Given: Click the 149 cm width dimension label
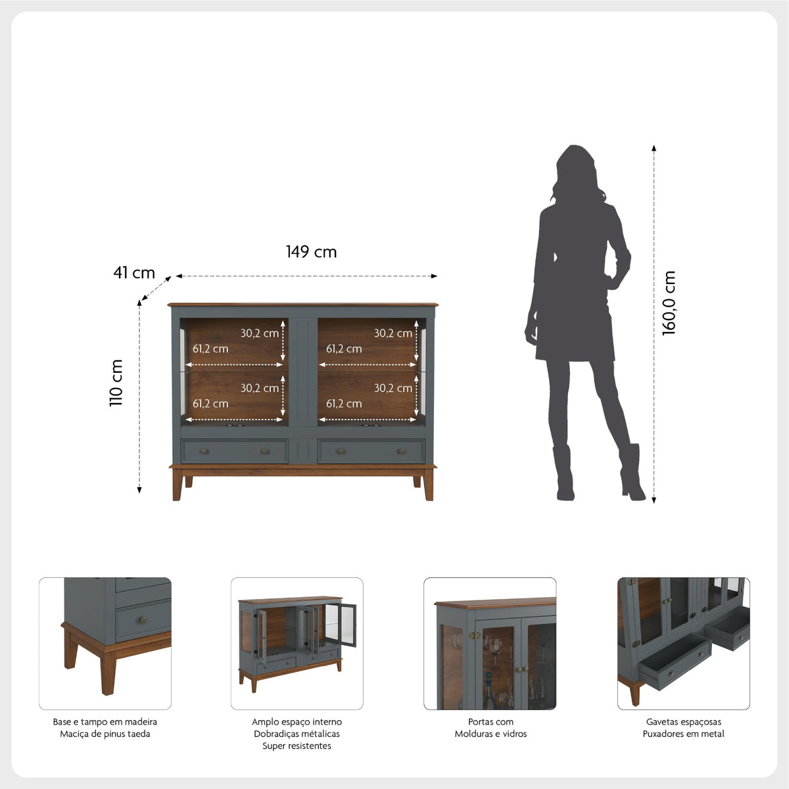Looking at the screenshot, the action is point(311,252).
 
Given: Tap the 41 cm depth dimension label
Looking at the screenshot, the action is point(134,273).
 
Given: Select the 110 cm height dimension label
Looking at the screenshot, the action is point(116,383).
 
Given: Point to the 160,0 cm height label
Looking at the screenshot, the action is point(669,303).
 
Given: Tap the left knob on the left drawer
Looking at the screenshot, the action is point(204,451).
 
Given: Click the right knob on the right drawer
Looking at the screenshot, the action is point(401,451).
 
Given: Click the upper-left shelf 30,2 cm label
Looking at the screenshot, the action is point(260,333).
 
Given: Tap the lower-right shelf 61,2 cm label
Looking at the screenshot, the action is point(344,404).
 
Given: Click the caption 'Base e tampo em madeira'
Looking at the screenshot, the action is point(105,722).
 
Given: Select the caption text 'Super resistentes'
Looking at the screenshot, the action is point(297,746).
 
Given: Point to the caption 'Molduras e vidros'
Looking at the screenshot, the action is point(490,734).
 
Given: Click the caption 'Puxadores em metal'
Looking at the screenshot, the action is point(683,734).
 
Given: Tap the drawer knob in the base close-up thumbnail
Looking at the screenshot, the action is point(143,620).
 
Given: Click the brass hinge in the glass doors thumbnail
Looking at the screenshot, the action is point(475,635).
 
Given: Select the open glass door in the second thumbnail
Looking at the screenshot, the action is point(341,625).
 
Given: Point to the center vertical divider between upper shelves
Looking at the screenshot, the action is point(302,372).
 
